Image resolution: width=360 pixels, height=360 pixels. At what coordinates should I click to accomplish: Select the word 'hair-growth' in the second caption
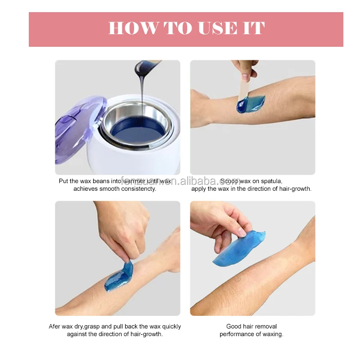(294, 189)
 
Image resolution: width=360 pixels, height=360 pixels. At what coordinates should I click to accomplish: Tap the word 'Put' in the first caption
(64, 181)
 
